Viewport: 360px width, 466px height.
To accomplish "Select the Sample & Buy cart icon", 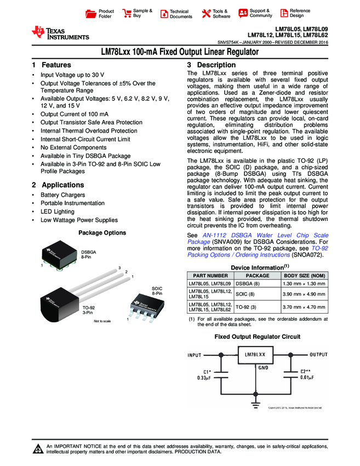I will point(127,13).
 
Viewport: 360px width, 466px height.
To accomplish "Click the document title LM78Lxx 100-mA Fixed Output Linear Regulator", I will point(180,53).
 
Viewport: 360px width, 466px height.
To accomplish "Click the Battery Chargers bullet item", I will point(62,195).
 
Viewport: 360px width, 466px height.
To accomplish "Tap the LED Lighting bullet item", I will point(57,212).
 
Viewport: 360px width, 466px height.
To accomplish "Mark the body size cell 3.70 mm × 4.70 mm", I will point(305,307).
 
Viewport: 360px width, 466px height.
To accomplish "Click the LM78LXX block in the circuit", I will point(255,355).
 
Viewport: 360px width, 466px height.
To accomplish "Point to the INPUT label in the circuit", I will point(195,355).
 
